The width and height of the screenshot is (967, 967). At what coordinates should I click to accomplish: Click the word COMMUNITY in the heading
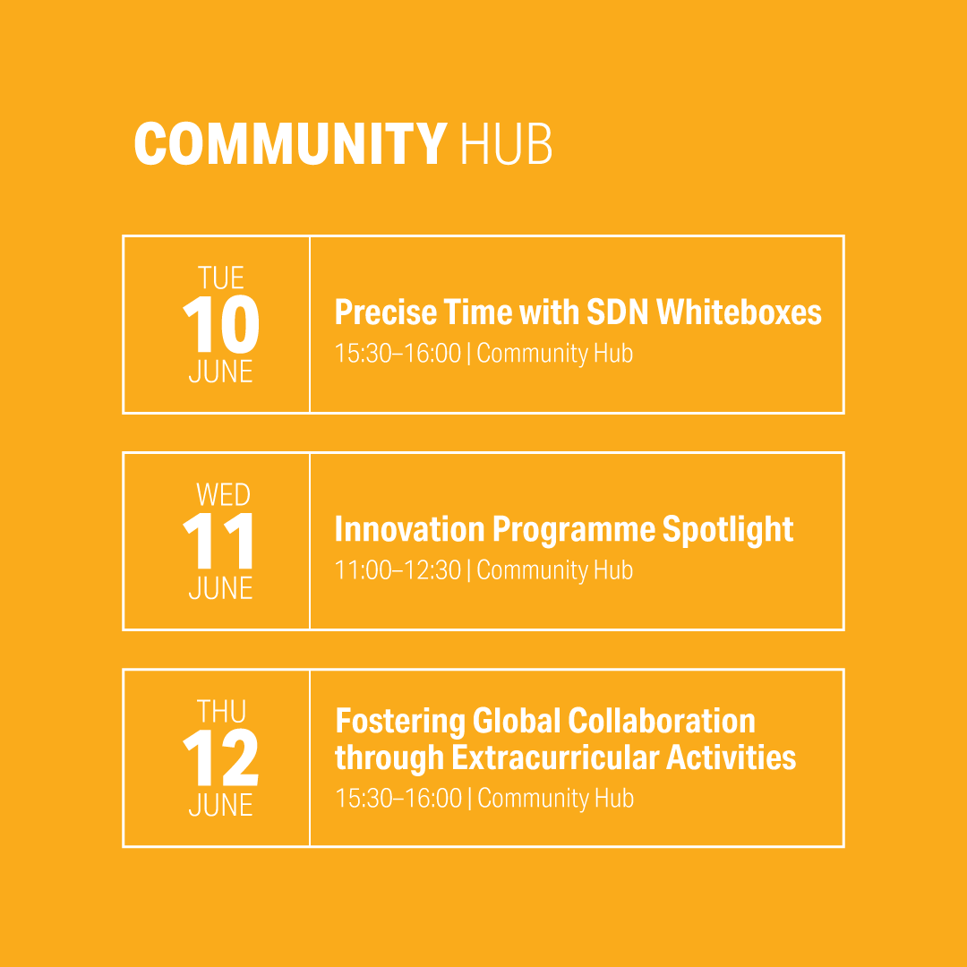[290, 143]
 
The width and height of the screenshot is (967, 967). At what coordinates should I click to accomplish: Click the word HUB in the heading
[506, 143]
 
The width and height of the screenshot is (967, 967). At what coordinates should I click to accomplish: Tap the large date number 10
[221, 324]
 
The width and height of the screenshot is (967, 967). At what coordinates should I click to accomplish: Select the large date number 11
[218, 541]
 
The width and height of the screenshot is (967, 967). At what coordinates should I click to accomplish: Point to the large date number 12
[221, 757]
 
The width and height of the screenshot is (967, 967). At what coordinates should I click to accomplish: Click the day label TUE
[221, 278]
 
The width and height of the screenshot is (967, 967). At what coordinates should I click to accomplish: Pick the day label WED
[223, 494]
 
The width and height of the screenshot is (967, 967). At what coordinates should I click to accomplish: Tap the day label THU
[221, 712]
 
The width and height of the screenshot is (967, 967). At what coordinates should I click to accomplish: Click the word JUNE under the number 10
[221, 372]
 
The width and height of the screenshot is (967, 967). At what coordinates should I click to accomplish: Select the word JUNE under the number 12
[221, 805]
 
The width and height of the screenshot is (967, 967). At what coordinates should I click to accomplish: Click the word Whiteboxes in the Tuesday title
[739, 312]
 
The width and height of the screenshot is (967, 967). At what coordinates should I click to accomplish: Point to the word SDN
[617, 312]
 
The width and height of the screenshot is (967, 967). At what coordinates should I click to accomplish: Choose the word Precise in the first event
[385, 312]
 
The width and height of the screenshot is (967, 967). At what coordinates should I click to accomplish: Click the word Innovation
[409, 529]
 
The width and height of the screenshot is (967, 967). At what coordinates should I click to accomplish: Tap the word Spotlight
[728, 530]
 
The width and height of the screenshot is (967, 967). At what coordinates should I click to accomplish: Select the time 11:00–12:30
[398, 569]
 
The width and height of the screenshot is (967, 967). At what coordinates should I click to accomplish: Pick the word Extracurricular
[555, 758]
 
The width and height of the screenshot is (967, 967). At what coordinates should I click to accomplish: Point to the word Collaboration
[661, 721]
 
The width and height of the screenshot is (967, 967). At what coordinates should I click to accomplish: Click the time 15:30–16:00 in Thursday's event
[398, 798]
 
